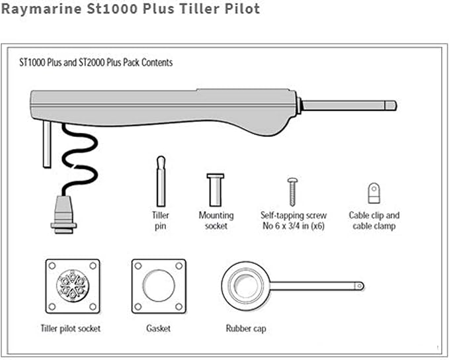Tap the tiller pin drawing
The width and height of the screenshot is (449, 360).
click(161, 181)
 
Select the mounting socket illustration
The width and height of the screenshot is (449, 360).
click(216, 190)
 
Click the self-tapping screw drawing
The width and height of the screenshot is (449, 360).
click(292, 192)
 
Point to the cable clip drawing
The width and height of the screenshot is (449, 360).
click(374, 193)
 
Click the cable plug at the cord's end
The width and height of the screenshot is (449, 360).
click(63, 215)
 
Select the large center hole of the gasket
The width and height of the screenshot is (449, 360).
click(159, 285)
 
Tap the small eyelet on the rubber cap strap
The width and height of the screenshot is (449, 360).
click(359, 286)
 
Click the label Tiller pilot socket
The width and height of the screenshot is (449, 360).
click(71, 328)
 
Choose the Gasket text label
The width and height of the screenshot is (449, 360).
click(158, 328)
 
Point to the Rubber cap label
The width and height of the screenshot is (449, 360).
click(246, 328)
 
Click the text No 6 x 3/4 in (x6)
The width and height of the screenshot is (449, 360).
click(294, 226)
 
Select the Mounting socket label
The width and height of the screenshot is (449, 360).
click(216, 220)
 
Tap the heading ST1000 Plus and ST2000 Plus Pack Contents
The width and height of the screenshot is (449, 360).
click(96, 62)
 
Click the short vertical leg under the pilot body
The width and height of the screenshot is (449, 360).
click(47, 144)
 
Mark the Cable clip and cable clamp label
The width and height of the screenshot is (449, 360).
click(374, 220)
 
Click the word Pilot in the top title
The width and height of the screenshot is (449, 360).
click(242, 9)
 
